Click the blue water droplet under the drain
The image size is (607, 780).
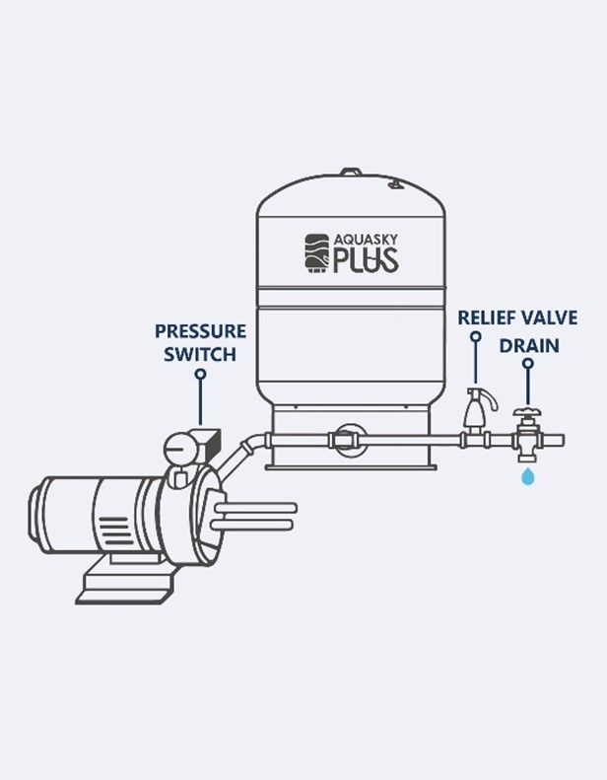[528, 476]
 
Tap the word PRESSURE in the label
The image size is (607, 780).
[200, 331]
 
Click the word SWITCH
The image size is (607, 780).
[200, 355]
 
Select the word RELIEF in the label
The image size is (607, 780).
[485, 318]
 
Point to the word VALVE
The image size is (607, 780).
[548, 318]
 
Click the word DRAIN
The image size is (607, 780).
[529, 345]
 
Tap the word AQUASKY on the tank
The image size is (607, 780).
[366, 241]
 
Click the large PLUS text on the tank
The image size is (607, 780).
[366, 260]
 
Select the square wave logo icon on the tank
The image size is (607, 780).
[317, 253]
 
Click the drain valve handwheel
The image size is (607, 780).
[528, 412]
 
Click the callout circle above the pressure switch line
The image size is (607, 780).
[200, 374]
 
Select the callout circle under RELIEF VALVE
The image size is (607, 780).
[476, 337]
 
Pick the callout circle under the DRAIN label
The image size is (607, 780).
[528, 364]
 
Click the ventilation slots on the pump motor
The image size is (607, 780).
[113, 528]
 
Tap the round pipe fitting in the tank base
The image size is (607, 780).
[351, 440]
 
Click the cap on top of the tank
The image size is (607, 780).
[352, 173]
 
